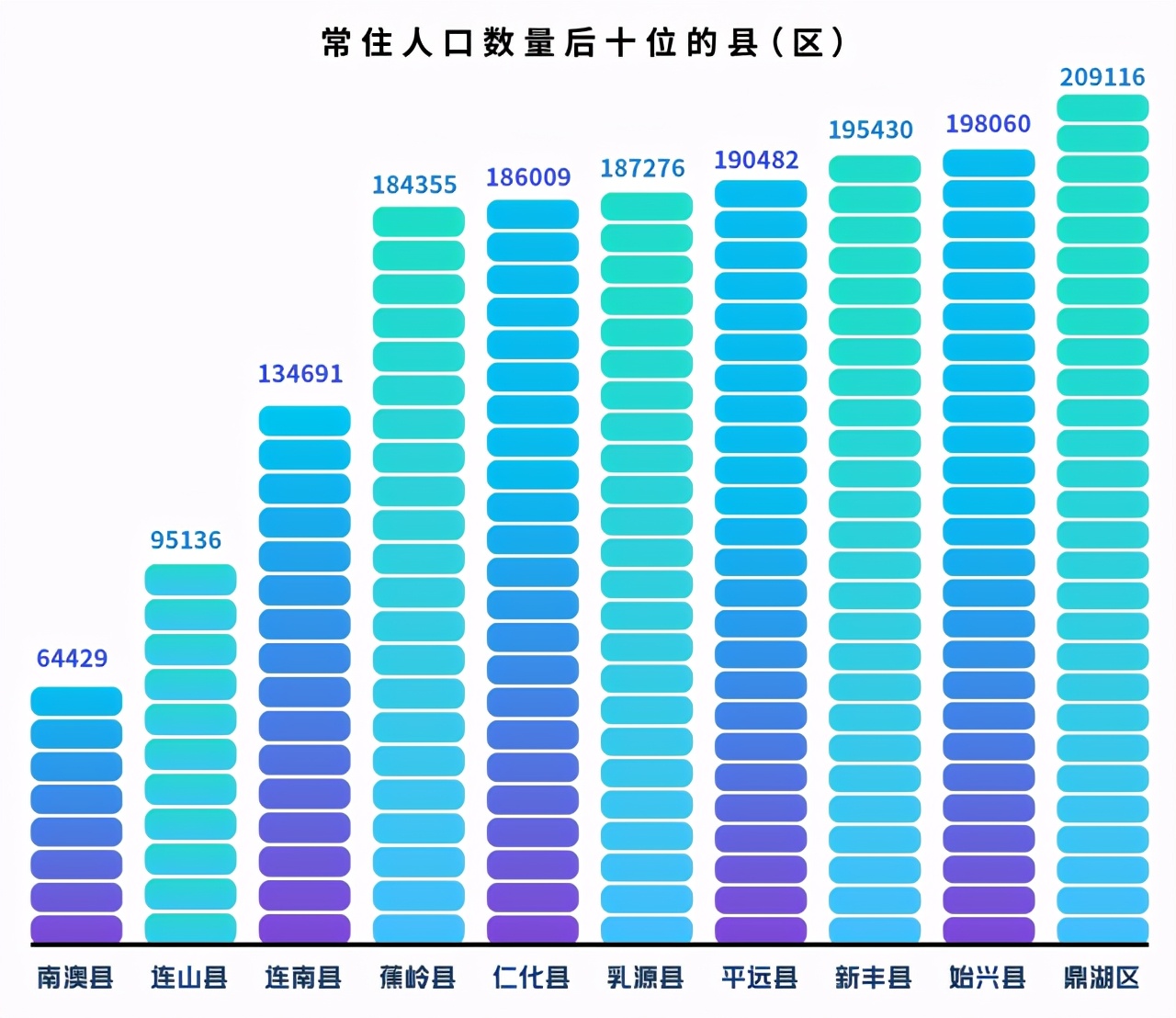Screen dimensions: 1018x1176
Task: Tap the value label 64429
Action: [72, 658]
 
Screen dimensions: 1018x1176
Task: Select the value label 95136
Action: [186, 539]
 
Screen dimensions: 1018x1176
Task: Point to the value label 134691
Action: [300, 374]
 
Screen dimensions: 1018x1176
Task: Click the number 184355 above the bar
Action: [414, 185]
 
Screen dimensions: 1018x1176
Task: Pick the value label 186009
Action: [528, 176]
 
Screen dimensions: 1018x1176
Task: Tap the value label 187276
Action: [642, 168]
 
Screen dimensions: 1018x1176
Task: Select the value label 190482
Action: [756, 160]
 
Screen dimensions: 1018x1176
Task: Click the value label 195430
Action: [870, 130]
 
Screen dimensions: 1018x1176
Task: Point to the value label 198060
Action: [988, 123]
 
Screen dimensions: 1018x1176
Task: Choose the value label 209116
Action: [1102, 77]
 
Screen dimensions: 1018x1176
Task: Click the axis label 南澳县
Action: [75, 977]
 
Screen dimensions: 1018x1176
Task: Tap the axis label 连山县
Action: [189, 977]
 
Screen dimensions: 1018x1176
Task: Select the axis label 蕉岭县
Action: [418, 977]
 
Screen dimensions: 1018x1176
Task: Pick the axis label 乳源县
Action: [646, 977]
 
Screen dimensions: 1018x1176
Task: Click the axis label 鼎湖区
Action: [1102, 977]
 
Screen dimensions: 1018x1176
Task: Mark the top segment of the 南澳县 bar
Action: [76, 701]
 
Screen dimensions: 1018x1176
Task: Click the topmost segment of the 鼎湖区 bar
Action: [1102, 107]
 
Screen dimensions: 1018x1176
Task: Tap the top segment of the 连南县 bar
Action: [304, 421]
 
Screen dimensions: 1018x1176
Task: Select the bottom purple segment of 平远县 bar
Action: [761, 929]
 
